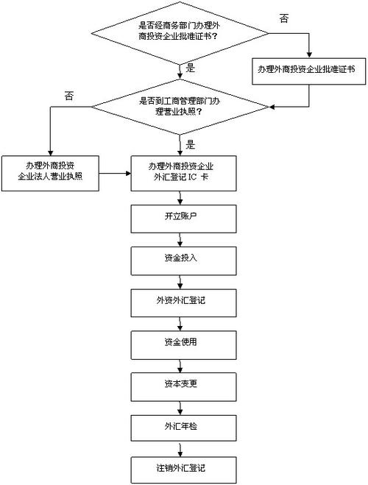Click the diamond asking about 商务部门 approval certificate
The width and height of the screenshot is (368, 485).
click(x=181, y=32)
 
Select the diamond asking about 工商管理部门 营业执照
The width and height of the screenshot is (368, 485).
click(x=181, y=110)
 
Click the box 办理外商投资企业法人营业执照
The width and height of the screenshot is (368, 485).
click(x=50, y=173)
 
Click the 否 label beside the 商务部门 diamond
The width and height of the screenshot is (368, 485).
click(x=284, y=18)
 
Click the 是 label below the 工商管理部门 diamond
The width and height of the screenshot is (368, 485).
click(x=190, y=144)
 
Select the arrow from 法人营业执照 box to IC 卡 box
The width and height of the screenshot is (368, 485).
click(x=115, y=174)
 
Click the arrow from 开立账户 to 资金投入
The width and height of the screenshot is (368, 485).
click(x=181, y=241)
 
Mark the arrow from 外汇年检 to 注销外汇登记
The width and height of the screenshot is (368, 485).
click(x=181, y=447)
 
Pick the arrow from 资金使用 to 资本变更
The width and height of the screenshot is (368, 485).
click(x=181, y=364)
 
